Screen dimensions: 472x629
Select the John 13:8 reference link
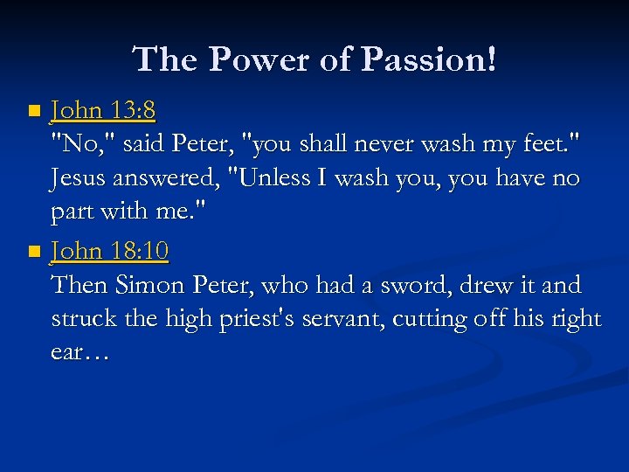(x=103, y=110)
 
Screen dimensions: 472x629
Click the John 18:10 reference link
(x=110, y=252)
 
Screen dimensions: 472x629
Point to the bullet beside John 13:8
(x=33, y=112)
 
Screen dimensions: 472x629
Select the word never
(x=354, y=144)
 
